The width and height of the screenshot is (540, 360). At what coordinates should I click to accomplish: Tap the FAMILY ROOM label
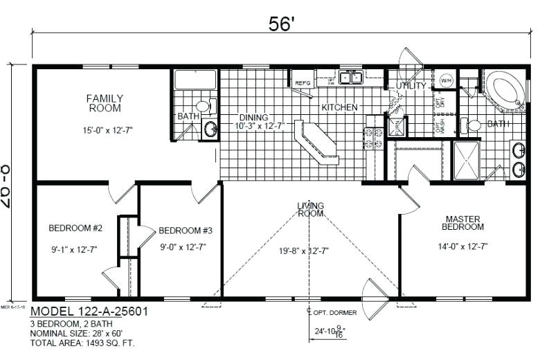click(105, 103)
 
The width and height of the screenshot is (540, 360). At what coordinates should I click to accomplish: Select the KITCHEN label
click(339, 107)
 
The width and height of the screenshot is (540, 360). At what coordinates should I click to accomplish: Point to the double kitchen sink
click(352, 78)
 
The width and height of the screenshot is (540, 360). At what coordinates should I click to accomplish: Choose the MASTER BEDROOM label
click(463, 222)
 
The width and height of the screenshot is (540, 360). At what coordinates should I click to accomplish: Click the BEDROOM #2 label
click(75, 228)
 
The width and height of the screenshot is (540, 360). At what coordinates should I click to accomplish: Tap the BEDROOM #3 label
click(185, 231)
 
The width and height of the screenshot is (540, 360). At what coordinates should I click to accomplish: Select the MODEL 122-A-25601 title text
click(89, 312)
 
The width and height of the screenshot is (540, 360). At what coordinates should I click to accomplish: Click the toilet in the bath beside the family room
click(203, 106)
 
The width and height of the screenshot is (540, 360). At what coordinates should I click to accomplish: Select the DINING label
click(253, 117)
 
